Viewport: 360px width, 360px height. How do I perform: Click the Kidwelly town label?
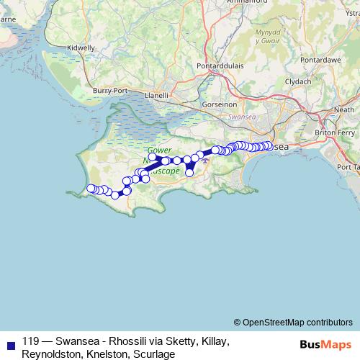[80, 48]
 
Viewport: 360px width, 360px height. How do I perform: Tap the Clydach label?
[298, 81]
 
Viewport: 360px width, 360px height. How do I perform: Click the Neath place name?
[345, 109]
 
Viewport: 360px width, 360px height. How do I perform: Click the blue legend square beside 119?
[9, 343]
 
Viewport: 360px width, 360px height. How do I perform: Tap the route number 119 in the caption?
[31, 342]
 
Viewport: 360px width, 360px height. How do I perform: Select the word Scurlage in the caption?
[154, 354]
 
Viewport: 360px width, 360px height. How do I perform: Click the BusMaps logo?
[325, 343]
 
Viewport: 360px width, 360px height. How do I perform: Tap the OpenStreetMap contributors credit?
[297, 322]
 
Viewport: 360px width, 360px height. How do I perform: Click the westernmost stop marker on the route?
[90, 189]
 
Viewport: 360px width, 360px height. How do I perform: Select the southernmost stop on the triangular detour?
[190, 172]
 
